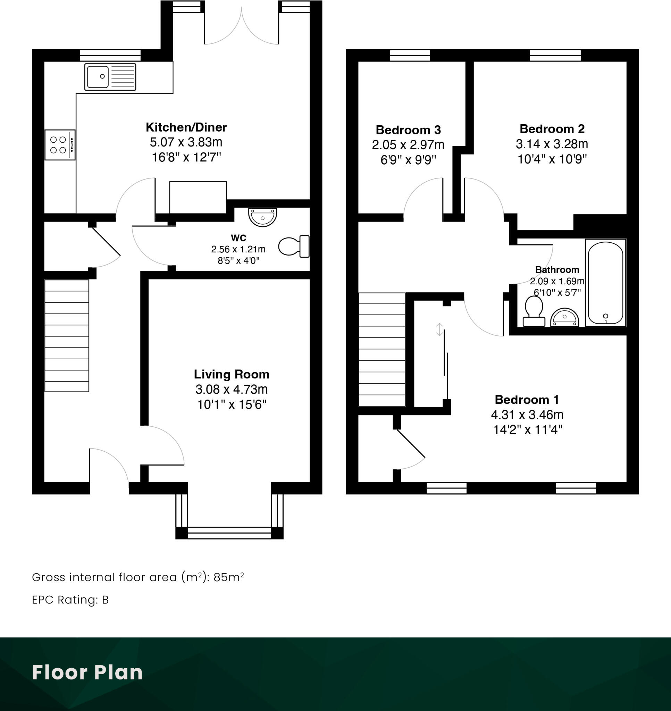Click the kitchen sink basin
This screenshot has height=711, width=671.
point(98,76)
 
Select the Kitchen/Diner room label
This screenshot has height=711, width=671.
point(186,127)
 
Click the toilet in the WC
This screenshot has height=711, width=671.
point(293,246)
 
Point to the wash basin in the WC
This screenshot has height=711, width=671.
point(262,217)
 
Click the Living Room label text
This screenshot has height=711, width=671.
point(232,375)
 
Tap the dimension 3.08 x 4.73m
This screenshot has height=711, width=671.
point(232,390)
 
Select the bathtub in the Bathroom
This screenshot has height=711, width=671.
point(605,283)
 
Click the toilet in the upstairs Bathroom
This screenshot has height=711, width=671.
point(534,311)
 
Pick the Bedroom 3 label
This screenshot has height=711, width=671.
point(408,130)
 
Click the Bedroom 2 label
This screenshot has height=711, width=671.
point(552,129)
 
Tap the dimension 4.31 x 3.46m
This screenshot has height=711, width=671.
point(527,415)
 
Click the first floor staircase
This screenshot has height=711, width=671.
point(381,349)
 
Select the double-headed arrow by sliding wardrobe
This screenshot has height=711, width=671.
point(439,329)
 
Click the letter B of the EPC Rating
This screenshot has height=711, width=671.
point(105,600)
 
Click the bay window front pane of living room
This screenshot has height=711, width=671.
point(229,533)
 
